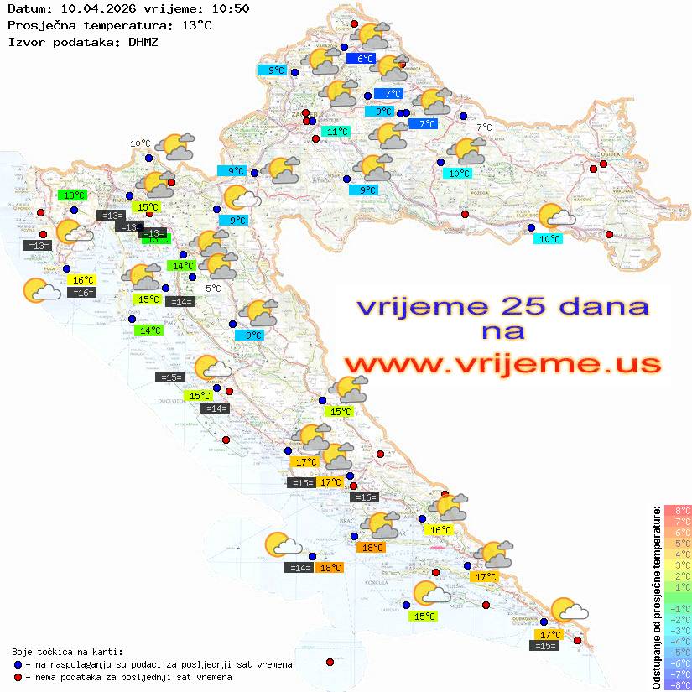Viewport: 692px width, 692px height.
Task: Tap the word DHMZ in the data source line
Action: pos(143,41)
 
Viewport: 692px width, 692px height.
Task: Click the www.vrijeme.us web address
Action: pos(502,363)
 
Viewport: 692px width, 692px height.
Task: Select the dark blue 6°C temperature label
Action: pos(365,59)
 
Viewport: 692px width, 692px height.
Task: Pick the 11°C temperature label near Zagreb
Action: pos(337,132)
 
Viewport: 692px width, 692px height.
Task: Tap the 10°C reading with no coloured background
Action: pos(140,143)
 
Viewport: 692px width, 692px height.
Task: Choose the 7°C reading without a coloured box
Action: pos(484,127)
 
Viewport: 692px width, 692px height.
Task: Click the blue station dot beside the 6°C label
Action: pos(345,48)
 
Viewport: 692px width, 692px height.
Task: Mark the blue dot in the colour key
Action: pos(18,664)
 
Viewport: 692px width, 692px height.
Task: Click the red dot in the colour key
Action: pos(18,677)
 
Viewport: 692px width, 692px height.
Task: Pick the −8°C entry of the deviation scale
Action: pos(678,684)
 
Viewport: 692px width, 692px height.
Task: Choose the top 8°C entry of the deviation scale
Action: pos(678,510)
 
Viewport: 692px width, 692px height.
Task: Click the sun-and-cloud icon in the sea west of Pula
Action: pos(41,290)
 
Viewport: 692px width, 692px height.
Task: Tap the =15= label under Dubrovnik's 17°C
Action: pos(545,645)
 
